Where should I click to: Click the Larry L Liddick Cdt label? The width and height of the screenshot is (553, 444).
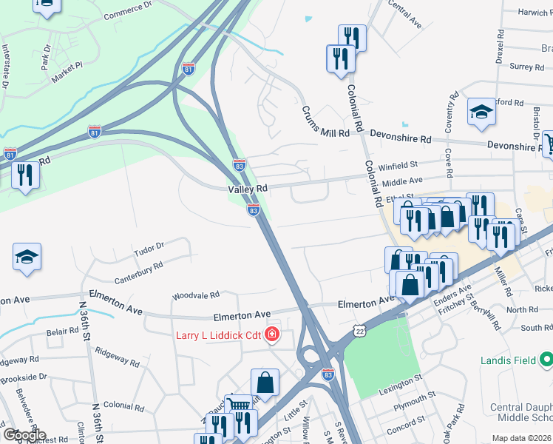218,335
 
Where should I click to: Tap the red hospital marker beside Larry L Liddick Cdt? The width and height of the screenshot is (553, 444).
272,335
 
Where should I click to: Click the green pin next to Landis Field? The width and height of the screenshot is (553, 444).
546,360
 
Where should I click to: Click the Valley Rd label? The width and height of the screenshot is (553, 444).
247,189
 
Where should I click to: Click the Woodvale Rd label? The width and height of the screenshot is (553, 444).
196,295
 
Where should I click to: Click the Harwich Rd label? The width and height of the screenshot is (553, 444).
526,13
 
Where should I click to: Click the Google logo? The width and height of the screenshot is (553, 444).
24,435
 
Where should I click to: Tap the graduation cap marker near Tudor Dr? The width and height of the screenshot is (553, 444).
27,258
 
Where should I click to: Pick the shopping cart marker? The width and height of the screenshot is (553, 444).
237,406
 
